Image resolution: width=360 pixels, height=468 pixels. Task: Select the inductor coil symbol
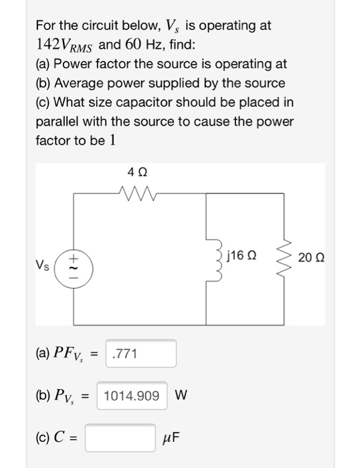tap(215, 256)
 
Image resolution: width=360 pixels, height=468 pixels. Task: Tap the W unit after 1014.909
tap(180, 396)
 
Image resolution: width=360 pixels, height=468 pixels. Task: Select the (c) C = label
tap(57, 439)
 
